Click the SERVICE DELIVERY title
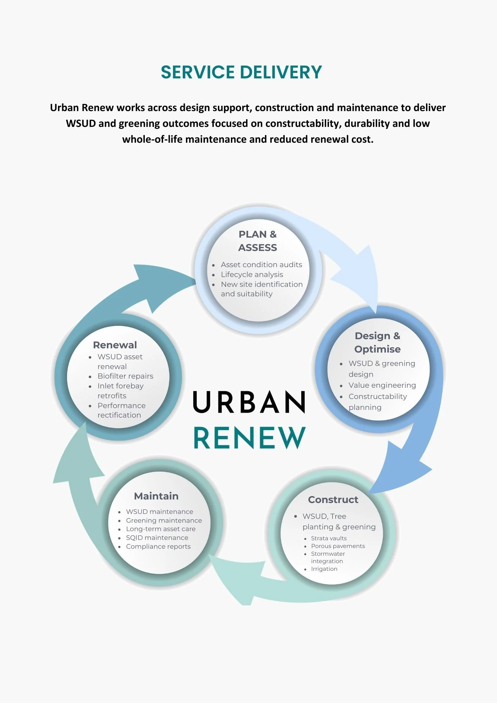click(241, 72)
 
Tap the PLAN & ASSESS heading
click(258, 241)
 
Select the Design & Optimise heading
click(377, 342)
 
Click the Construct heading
click(333, 499)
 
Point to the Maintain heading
click(156, 496)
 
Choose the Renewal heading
click(115, 345)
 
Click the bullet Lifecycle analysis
click(252, 275)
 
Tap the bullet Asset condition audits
click(261, 265)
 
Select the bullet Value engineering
click(382, 385)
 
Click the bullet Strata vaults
click(329, 538)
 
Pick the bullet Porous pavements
click(338, 546)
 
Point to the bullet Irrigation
click(324, 569)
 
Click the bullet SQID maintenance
click(157, 538)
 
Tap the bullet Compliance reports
click(158, 547)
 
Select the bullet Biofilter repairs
click(125, 376)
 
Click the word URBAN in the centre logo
click(249, 402)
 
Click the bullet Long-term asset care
click(161, 529)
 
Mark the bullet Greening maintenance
click(164, 521)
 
